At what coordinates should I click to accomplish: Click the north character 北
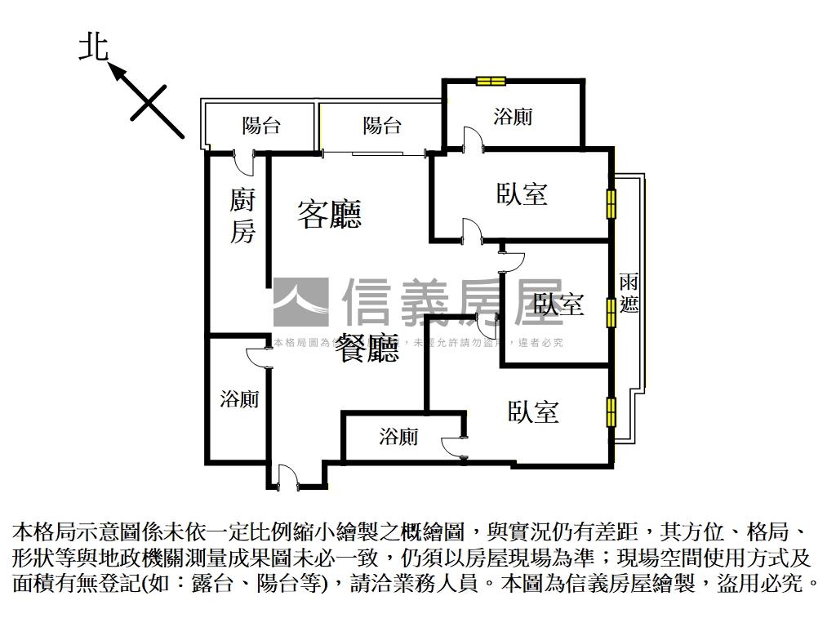pyautogui.click(x=94, y=47)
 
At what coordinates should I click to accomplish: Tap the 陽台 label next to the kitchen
pyautogui.click(x=261, y=126)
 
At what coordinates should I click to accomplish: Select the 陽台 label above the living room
pyautogui.click(x=382, y=126)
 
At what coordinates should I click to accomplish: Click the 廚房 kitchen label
pyautogui.click(x=242, y=216)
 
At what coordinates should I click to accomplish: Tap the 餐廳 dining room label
pyautogui.click(x=367, y=349)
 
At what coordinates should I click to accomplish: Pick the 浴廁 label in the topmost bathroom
pyautogui.click(x=513, y=117)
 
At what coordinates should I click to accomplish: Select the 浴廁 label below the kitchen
pyautogui.click(x=239, y=399)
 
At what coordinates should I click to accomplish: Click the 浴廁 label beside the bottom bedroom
pyautogui.click(x=399, y=437)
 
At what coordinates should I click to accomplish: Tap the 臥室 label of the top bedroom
pyautogui.click(x=522, y=193)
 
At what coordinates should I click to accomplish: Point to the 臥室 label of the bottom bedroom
pyautogui.click(x=533, y=411)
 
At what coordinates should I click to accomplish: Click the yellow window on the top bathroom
pyautogui.click(x=491, y=80)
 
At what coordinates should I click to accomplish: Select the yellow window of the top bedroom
pyautogui.click(x=610, y=202)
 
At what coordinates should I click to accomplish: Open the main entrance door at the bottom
pyautogui.click(x=287, y=478)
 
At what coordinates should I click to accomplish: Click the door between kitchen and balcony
pyautogui.click(x=243, y=160)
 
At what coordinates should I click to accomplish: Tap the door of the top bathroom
pyautogui.click(x=472, y=139)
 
